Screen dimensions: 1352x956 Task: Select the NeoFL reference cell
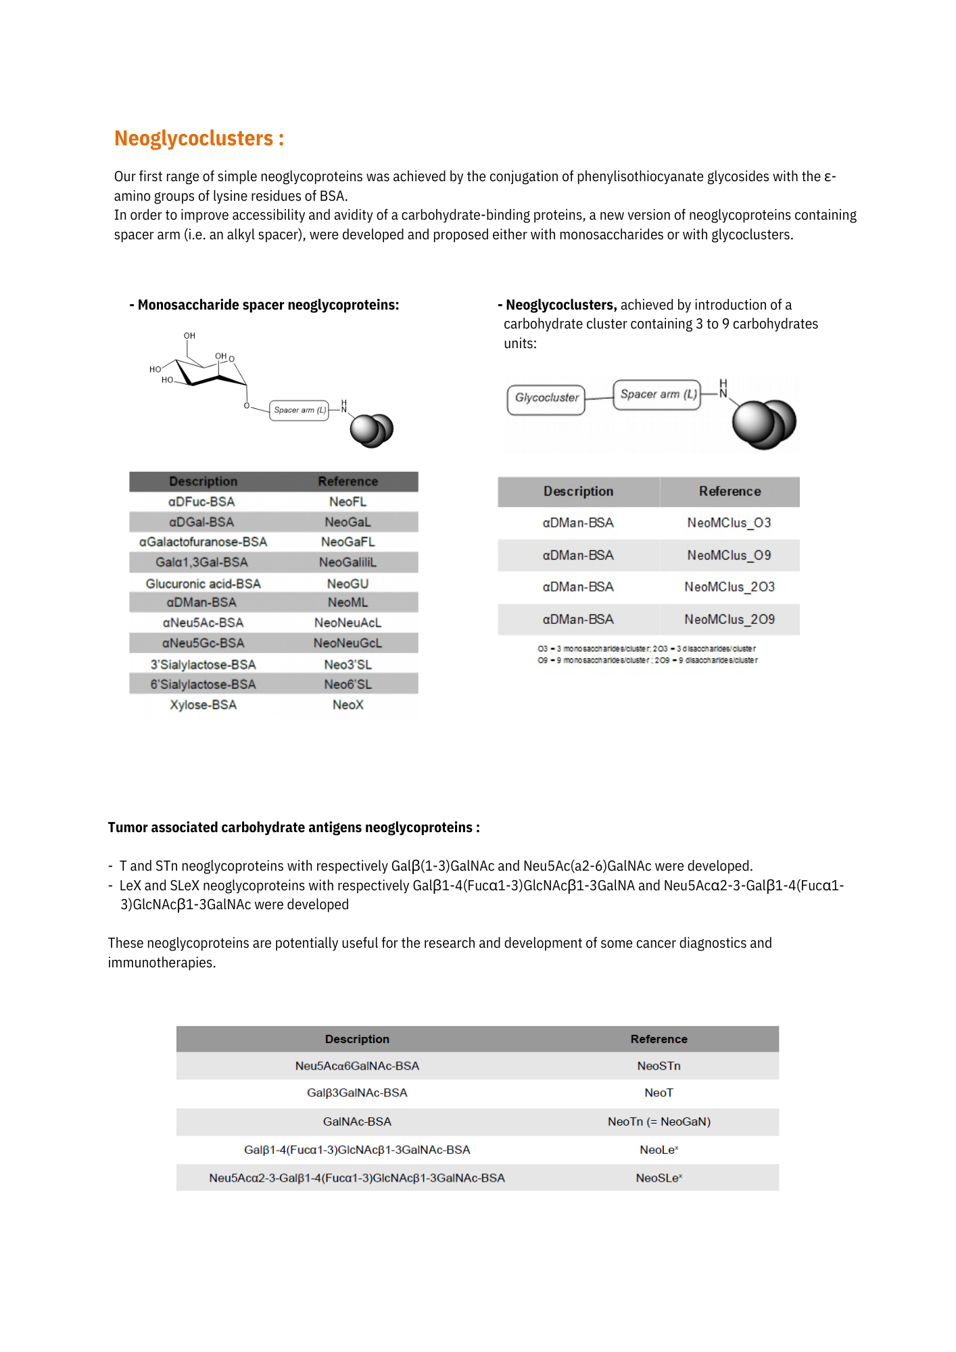(x=348, y=502)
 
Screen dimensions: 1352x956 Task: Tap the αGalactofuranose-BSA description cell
(x=203, y=542)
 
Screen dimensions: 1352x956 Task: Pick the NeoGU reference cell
(x=348, y=583)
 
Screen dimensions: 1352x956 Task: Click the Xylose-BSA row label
(x=203, y=705)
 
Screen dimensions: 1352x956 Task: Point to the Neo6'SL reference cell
(x=348, y=685)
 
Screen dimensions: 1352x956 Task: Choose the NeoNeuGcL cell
(x=348, y=643)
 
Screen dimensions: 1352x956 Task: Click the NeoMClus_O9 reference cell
(x=729, y=555)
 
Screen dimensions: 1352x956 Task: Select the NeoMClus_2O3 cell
(x=729, y=587)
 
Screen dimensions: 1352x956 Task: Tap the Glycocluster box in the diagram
(x=546, y=398)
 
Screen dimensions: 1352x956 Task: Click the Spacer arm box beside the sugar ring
(x=300, y=410)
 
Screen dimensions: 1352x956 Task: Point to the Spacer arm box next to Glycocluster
(x=657, y=395)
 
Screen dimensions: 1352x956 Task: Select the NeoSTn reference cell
(x=659, y=1066)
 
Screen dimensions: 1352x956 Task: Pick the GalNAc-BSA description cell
(x=357, y=1121)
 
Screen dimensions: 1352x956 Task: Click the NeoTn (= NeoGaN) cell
(x=659, y=1121)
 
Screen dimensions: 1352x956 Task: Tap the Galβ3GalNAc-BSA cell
(x=357, y=1093)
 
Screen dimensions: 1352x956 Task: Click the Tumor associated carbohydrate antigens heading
(x=293, y=828)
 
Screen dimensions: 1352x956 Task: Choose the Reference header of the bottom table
(x=659, y=1039)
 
